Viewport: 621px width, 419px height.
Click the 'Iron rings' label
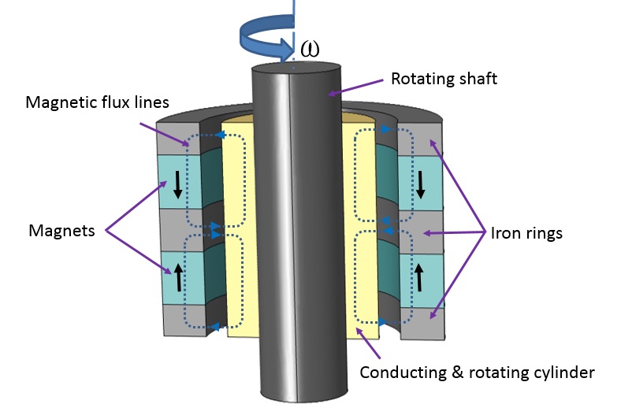[526, 233]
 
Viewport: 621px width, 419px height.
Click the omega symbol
[310, 48]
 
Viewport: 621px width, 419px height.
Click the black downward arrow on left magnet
[177, 184]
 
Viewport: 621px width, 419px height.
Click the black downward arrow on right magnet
[420, 184]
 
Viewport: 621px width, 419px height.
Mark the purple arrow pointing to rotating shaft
[359, 87]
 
